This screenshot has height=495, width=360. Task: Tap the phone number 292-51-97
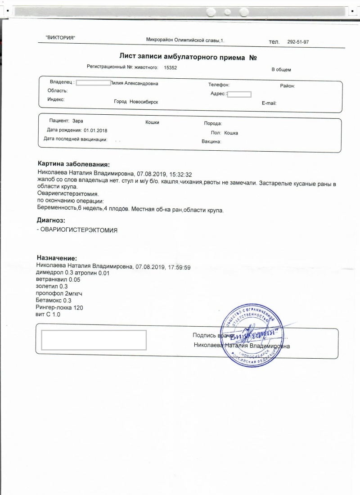tap(298, 42)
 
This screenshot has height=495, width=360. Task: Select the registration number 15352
tap(171, 67)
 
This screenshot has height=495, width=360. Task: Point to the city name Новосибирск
tap(144, 102)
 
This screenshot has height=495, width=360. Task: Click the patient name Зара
tap(77, 121)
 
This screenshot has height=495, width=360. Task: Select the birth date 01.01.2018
tap(95, 130)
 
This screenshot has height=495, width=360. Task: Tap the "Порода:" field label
tap(213, 123)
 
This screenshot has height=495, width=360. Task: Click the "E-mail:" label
tap(269, 103)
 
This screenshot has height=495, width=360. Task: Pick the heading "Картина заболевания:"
tap(74, 165)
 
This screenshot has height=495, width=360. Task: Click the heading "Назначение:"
tap(57, 258)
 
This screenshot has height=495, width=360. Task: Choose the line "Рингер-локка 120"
tap(59, 307)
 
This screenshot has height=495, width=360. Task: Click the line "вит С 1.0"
tap(48, 314)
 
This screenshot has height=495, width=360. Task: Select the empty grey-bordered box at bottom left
tap(94, 340)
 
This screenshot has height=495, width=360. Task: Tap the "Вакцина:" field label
tap(211, 142)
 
